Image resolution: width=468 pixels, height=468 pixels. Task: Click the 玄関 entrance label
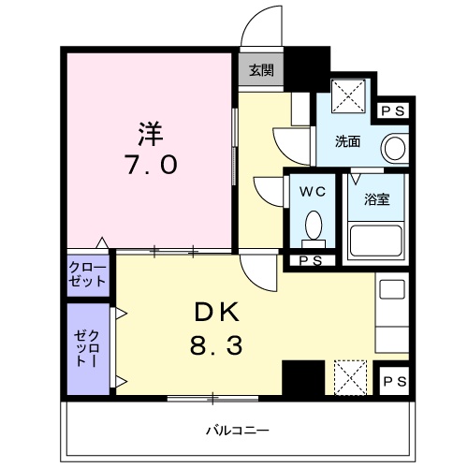261,69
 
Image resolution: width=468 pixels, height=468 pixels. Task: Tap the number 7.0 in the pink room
150,165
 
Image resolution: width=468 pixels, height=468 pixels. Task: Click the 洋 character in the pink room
150,127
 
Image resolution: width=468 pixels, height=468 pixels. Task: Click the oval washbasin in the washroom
396,148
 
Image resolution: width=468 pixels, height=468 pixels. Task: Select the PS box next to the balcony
394,381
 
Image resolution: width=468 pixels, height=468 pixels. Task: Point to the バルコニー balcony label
234,431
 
